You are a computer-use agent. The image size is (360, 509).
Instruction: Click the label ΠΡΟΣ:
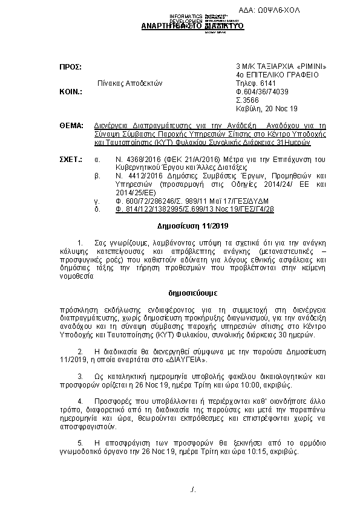(70, 65)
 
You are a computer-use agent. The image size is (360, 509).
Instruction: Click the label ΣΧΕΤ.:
(70, 159)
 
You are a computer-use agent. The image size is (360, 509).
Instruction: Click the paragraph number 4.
(80, 401)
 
